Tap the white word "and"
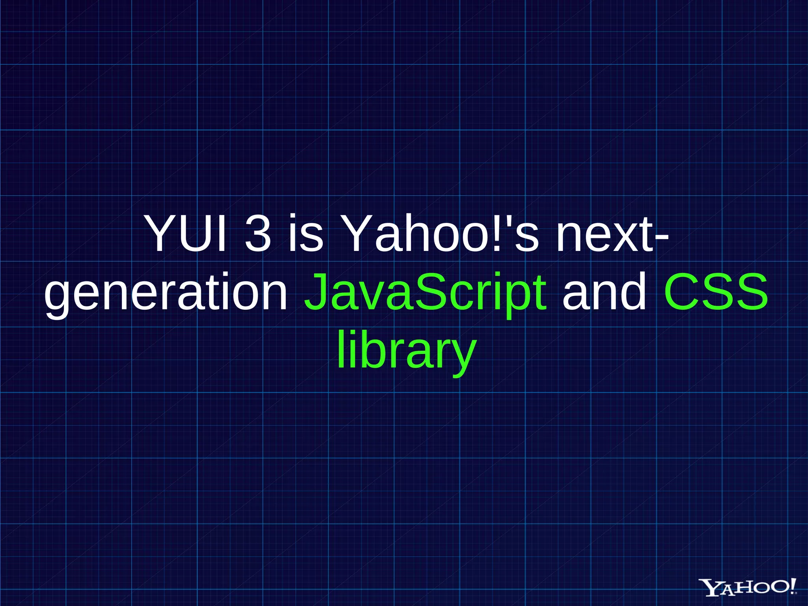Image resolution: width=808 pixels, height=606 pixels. (604, 292)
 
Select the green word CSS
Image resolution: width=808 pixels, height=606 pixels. (716, 292)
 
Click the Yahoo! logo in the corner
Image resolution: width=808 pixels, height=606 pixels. (747, 587)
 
